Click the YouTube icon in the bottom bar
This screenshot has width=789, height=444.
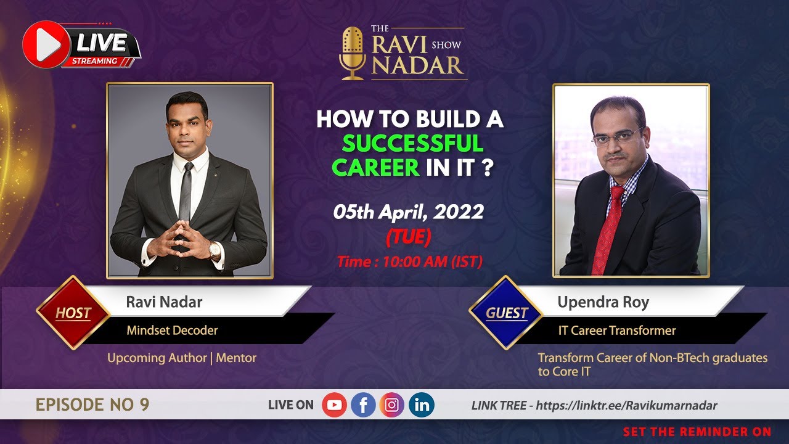coord(334,405)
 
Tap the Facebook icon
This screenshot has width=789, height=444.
coord(363,405)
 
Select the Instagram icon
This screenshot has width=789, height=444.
coord(392,405)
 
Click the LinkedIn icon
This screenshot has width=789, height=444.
coord(421,405)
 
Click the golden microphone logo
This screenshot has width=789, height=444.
coord(353,53)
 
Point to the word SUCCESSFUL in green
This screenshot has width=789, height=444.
coord(412,144)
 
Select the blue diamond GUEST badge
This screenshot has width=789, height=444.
coord(506,313)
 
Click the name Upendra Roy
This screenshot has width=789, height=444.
coord(603,302)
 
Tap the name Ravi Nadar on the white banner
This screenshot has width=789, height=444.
coord(164,302)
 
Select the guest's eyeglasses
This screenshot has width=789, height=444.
coord(618,136)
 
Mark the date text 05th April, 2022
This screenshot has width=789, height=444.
coord(408,212)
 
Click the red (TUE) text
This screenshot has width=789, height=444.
coord(408,236)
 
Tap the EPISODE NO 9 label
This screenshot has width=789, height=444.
coord(92,405)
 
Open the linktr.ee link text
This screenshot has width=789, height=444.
coord(626,406)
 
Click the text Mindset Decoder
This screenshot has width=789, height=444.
coord(172,331)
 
